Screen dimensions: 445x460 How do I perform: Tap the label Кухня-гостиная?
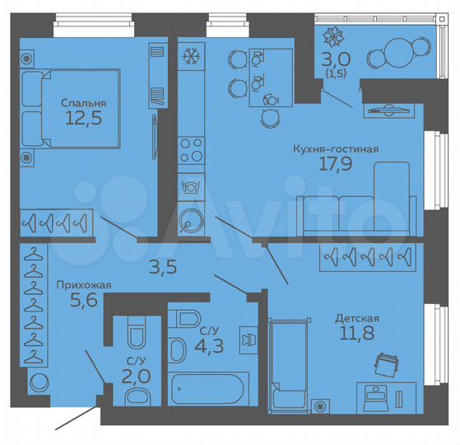pyautogui.click(x=336, y=149)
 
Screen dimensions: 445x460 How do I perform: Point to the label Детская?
pyautogui.click(x=356, y=317)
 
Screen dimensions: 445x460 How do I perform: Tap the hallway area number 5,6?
pyautogui.click(x=79, y=302)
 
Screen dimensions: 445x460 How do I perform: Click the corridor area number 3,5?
pyautogui.click(x=161, y=266)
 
